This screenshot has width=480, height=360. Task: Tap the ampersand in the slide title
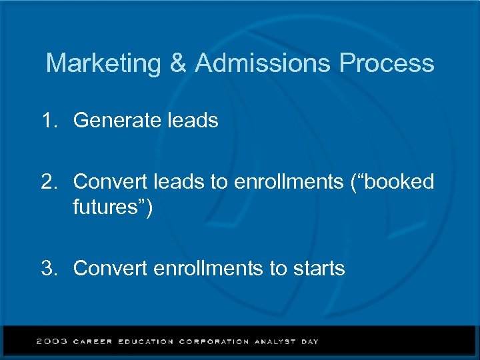tap(178, 64)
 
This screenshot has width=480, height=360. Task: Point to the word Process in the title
tap(387, 64)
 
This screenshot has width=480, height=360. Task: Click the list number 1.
tap(48, 121)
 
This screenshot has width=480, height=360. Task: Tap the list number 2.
tap(48, 182)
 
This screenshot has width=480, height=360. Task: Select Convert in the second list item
tap(111, 182)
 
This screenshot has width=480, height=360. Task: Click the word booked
tap(399, 182)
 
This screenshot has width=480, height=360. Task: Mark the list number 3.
tap(48, 269)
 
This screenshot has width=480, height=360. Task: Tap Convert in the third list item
tap(111, 269)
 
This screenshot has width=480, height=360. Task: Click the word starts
tap(317, 269)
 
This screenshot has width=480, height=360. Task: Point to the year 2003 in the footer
tap(52, 341)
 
